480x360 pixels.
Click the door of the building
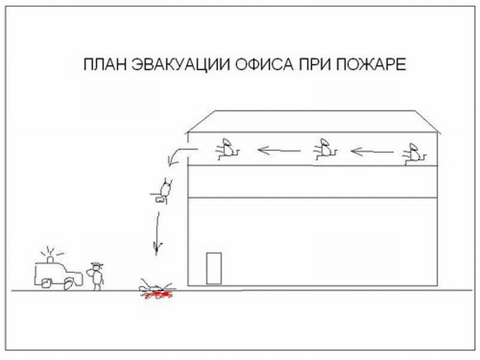tap(213, 267)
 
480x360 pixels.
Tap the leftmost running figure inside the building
tap(226, 149)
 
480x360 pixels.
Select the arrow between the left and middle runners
tap(279, 149)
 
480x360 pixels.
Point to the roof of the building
tap(313, 121)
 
